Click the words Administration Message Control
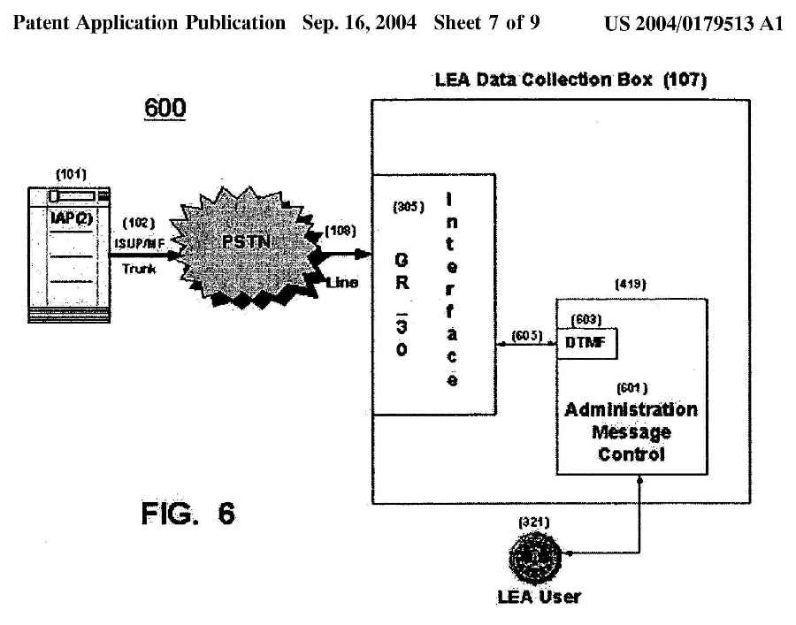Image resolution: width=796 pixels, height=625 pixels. [630, 433]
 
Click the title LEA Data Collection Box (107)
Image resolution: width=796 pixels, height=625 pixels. [572, 80]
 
